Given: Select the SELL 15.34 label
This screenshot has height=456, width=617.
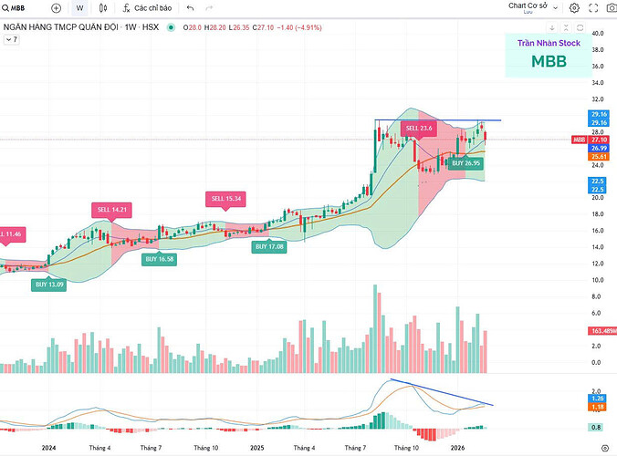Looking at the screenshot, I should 225,198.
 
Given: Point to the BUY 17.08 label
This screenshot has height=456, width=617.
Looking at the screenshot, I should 269,246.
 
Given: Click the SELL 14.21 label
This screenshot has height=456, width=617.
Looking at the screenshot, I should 109,210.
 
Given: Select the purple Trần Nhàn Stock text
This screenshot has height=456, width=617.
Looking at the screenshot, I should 549,43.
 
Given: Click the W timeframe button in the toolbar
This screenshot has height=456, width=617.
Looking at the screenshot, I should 79,8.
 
